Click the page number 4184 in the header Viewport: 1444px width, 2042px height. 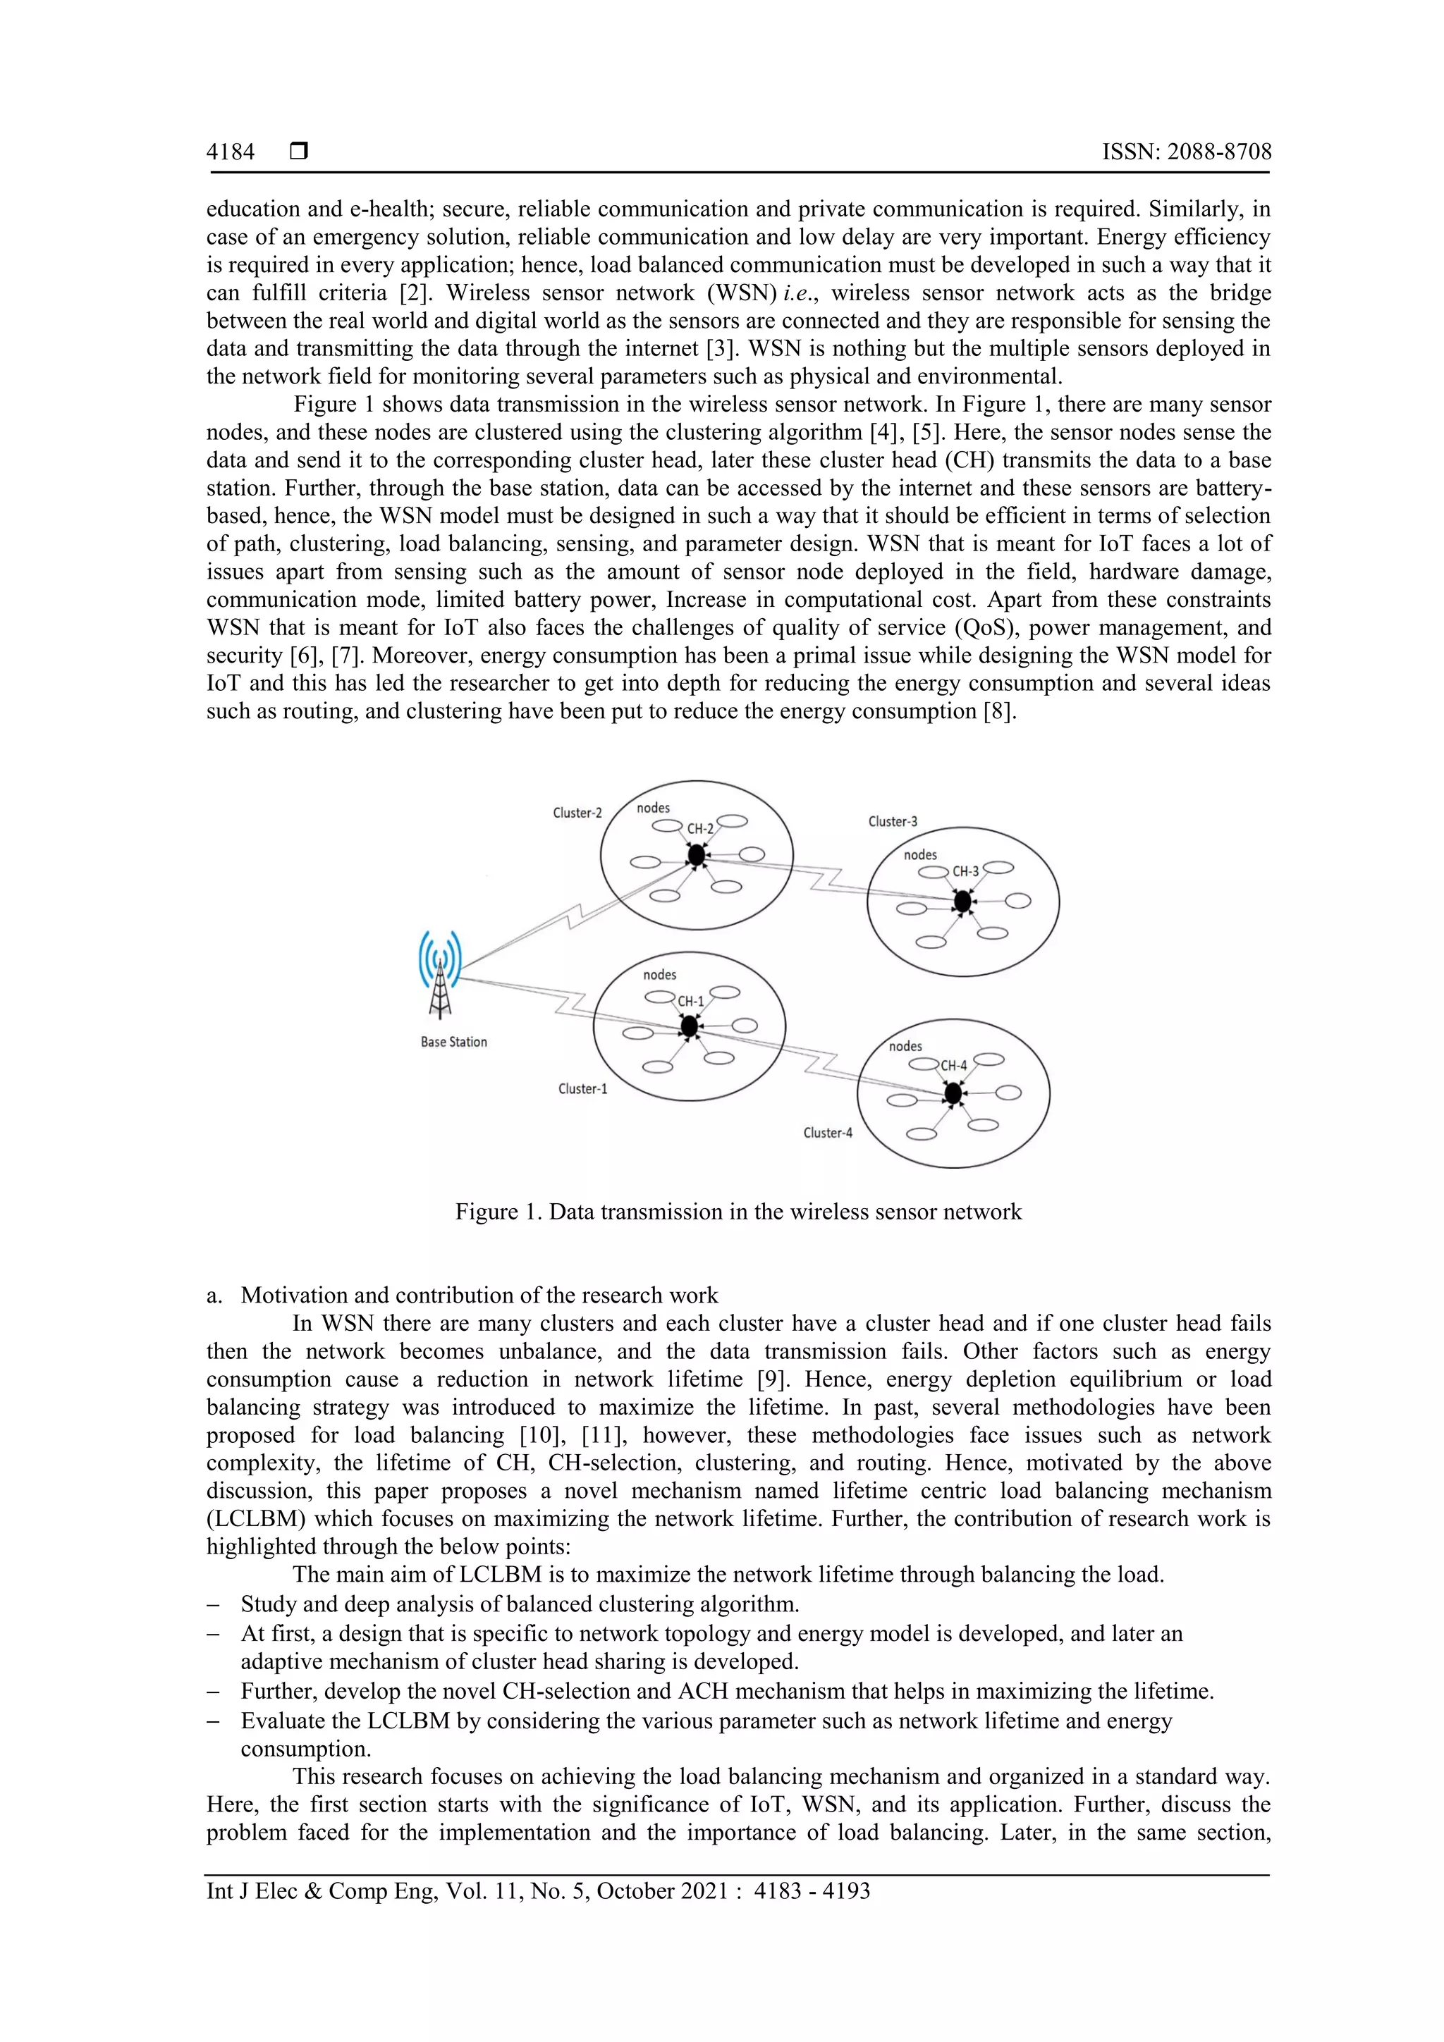[x=231, y=152]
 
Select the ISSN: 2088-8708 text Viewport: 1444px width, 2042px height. [x=1186, y=152]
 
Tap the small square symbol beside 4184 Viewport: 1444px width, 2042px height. [x=299, y=152]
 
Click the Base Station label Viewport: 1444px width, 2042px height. [x=454, y=1042]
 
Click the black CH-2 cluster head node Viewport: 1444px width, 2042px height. [x=697, y=856]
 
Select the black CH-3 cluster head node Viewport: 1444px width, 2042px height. [x=962, y=902]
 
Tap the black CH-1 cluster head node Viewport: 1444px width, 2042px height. [x=689, y=1026]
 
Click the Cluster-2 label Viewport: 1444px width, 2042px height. [x=577, y=813]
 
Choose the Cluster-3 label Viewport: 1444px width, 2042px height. [x=893, y=822]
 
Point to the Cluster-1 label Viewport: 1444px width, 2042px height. [x=583, y=1088]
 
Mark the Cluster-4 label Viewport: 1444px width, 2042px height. [x=828, y=1133]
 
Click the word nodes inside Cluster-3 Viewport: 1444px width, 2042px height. [x=920, y=855]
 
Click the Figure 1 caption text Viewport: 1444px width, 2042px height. [x=738, y=1212]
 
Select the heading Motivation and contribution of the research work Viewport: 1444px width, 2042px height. [x=479, y=1295]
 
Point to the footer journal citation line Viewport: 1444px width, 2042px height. [x=537, y=1891]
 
